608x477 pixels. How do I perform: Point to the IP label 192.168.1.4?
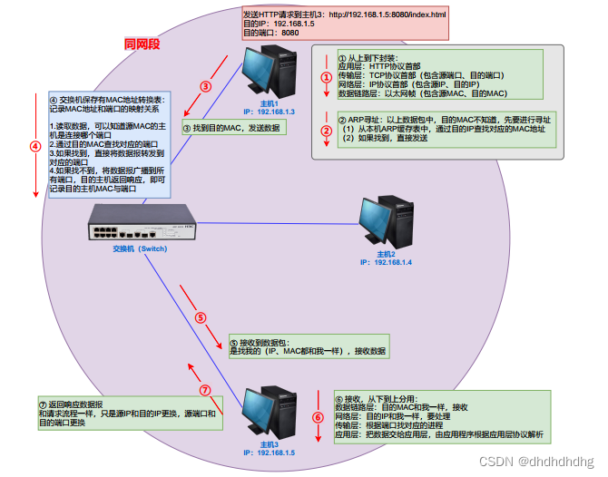point(386,262)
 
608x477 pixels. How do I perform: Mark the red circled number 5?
point(201,317)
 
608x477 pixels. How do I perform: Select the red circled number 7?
point(204,389)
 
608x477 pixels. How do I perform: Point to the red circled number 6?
point(318,417)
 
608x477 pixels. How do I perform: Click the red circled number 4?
point(35,145)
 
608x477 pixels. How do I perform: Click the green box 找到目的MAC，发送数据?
point(232,129)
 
